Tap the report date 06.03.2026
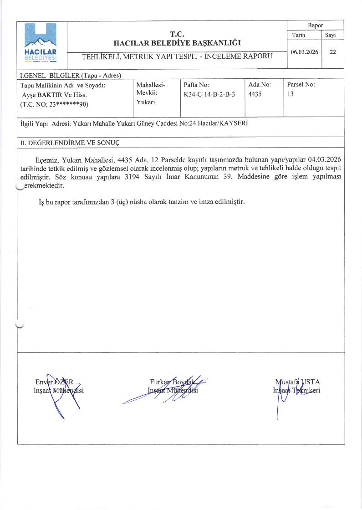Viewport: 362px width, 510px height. click(x=304, y=52)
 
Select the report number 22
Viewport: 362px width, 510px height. click(x=333, y=52)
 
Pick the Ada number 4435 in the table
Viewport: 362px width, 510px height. click(x=255, y=95)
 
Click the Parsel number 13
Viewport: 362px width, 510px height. click(x=291, y=95)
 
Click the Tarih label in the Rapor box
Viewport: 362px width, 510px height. click(x=298, y=35)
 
